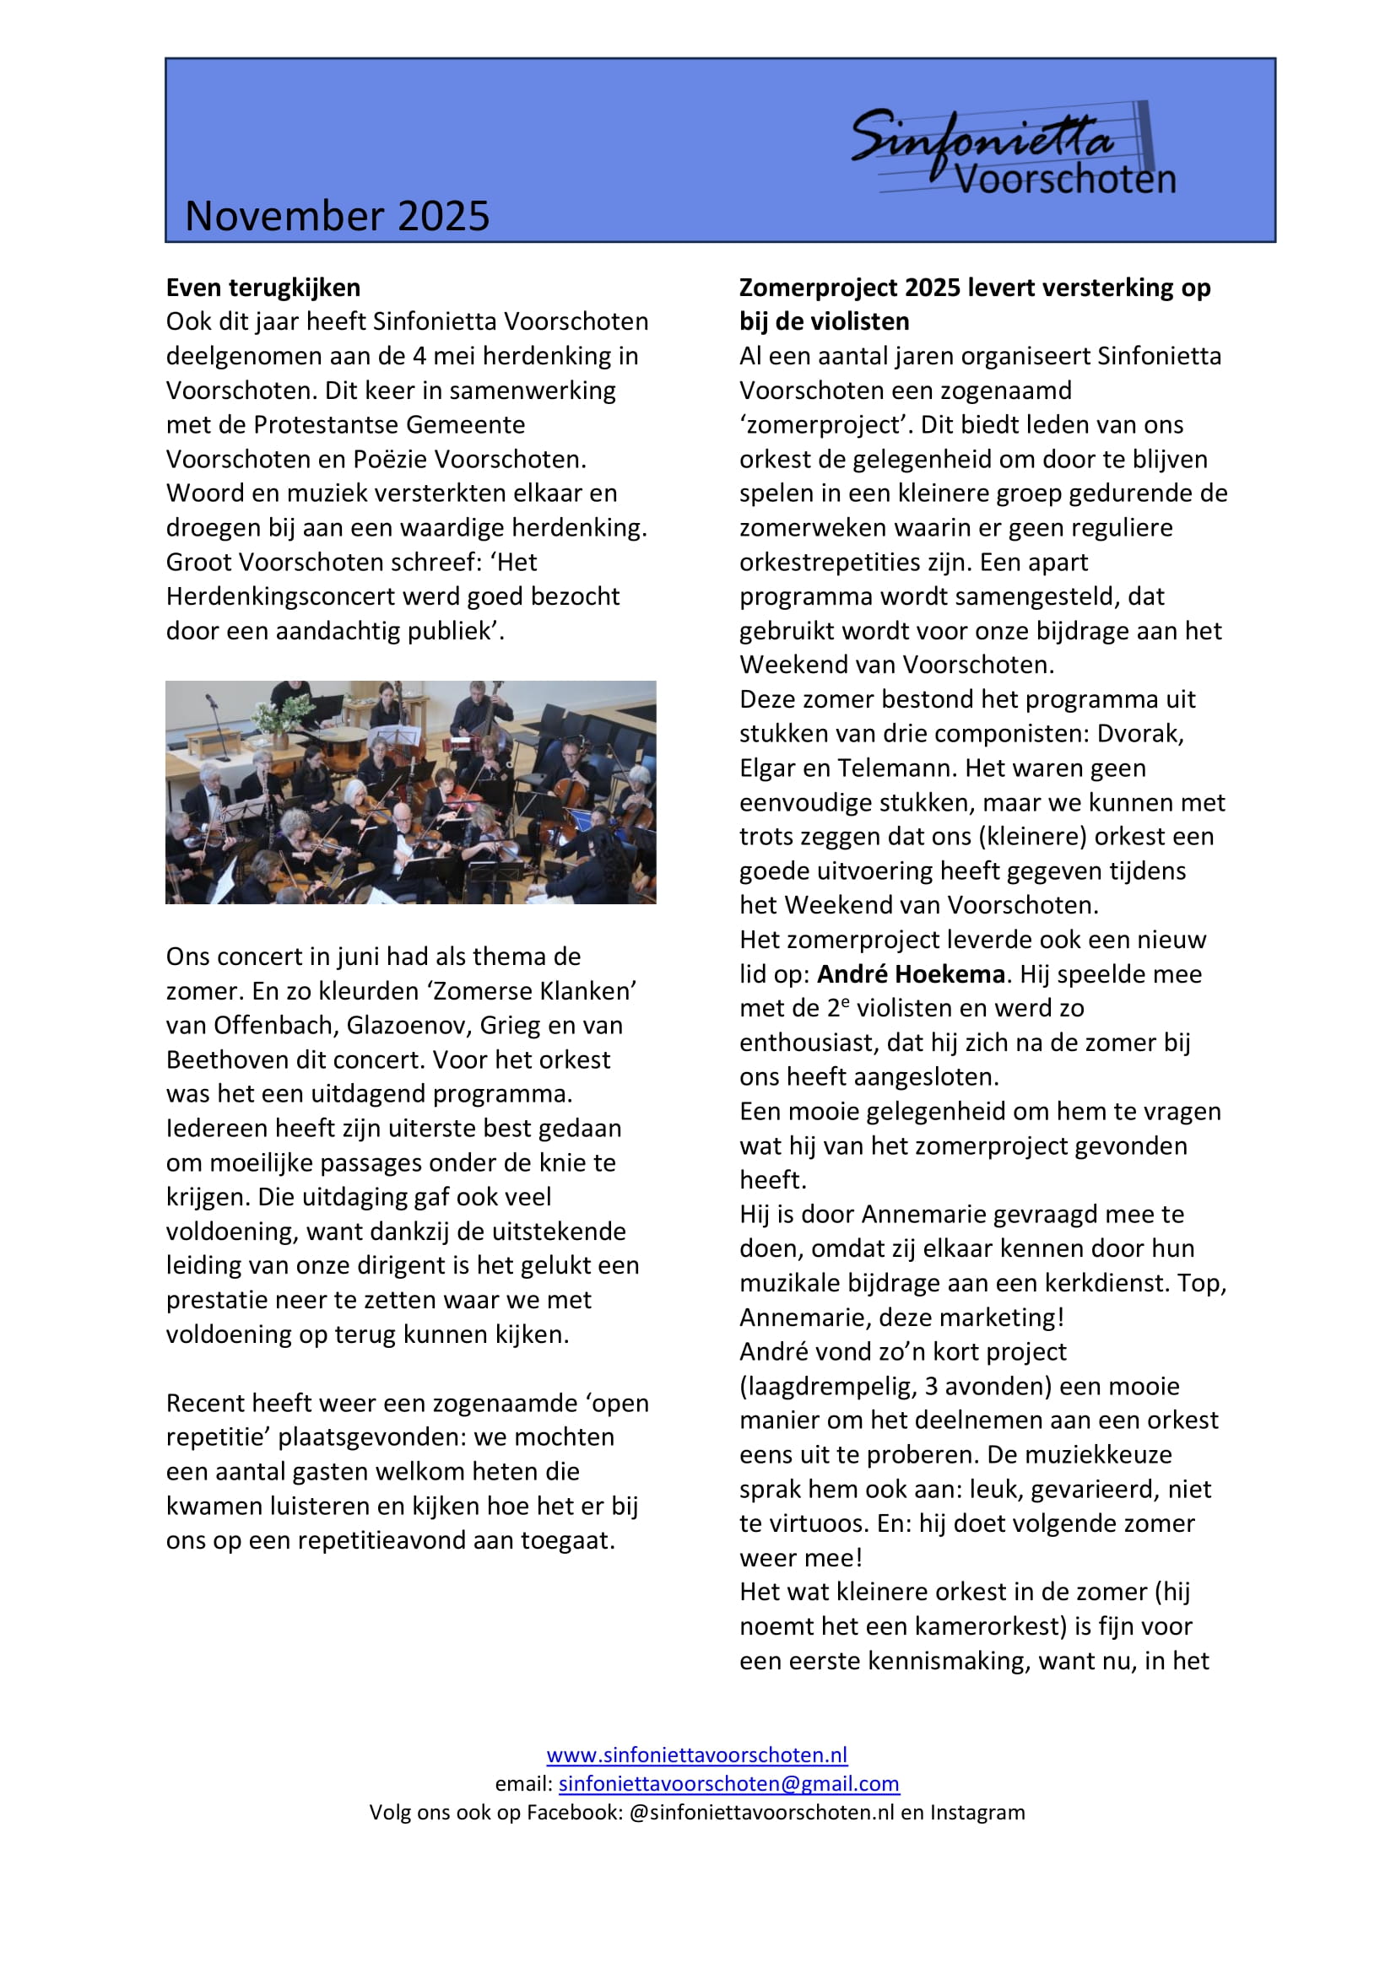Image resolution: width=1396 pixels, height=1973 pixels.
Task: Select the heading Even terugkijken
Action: pos(263,287)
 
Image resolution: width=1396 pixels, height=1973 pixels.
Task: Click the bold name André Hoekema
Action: pos(911,974)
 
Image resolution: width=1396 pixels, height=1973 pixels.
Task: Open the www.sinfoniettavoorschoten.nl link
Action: pos(696,1755)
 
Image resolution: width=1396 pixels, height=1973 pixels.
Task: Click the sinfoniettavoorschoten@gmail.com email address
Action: pos(728,1783)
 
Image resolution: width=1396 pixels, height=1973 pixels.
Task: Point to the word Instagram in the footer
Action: pos(977,1812)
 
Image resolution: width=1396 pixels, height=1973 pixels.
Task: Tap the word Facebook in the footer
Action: pos(573,1812)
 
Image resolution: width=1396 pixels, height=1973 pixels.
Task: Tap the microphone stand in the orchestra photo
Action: pos(215,726)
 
